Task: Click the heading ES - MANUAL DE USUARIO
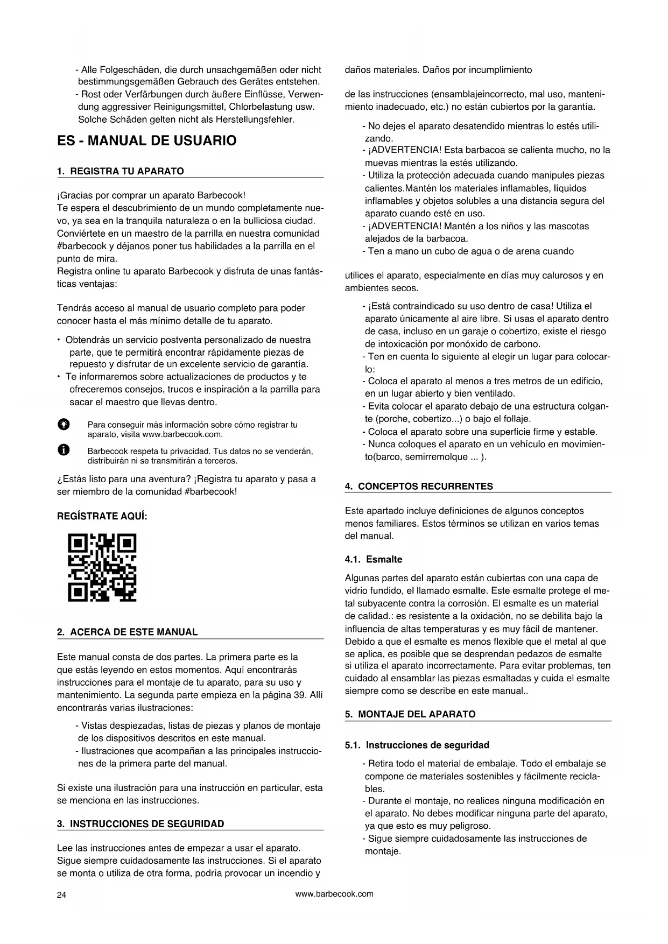(x=146, y=141)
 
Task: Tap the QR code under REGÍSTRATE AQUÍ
(x=102, y=567)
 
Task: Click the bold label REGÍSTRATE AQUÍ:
(x=102, y=516)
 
